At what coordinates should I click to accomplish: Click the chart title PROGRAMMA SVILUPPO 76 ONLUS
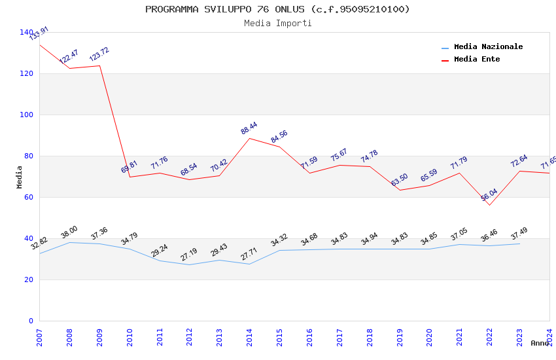click(277, 9)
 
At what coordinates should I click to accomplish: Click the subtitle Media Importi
click(277, 23)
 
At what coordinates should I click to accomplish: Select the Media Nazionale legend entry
click(488, 47)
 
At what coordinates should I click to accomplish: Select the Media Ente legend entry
click(477, 59)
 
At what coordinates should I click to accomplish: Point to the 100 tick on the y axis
click(26, 115)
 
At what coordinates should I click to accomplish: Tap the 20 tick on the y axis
click(29, 279)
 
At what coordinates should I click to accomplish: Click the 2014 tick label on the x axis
click(250, 336)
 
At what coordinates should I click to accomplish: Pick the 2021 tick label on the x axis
click(460, 336)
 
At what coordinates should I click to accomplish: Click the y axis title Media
click(19, 177)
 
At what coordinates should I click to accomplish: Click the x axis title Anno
click(540, 343)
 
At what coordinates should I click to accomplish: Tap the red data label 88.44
click(249, 128)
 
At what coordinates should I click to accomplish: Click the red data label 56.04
click(489, 195)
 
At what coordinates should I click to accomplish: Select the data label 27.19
click(189, 255)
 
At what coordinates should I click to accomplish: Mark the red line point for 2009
click(99, 65)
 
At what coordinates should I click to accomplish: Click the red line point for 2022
click(489, 205)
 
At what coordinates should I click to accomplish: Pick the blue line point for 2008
click(69, 242)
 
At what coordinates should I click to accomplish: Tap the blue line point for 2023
click(519, 243)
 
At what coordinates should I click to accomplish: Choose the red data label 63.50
click(400, 180)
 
